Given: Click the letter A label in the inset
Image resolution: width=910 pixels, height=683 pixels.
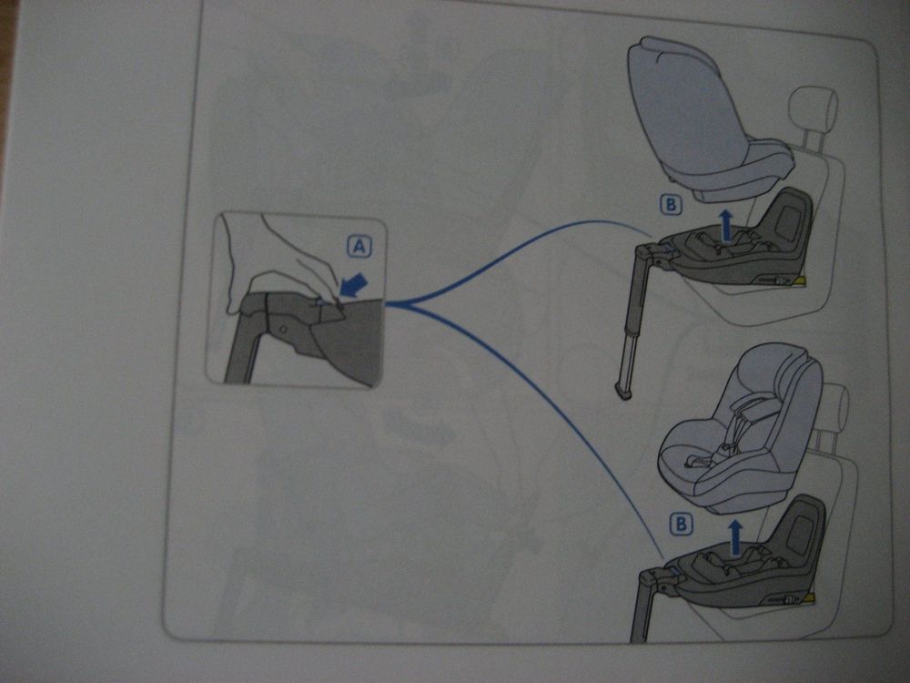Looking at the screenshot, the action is (359, 247).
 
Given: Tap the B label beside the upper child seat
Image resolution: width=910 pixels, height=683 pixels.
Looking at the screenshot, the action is (671, 204).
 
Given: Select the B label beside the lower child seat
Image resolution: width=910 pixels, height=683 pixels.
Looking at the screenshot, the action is (681, 524).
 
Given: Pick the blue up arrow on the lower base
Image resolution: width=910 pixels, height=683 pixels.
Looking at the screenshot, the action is (735, 536).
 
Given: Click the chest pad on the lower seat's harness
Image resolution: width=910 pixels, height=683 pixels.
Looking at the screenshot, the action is (752, 412).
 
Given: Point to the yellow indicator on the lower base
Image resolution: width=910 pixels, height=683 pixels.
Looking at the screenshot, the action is (809, 597).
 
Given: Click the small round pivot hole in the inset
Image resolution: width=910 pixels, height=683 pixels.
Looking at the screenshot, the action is (283, 330).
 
